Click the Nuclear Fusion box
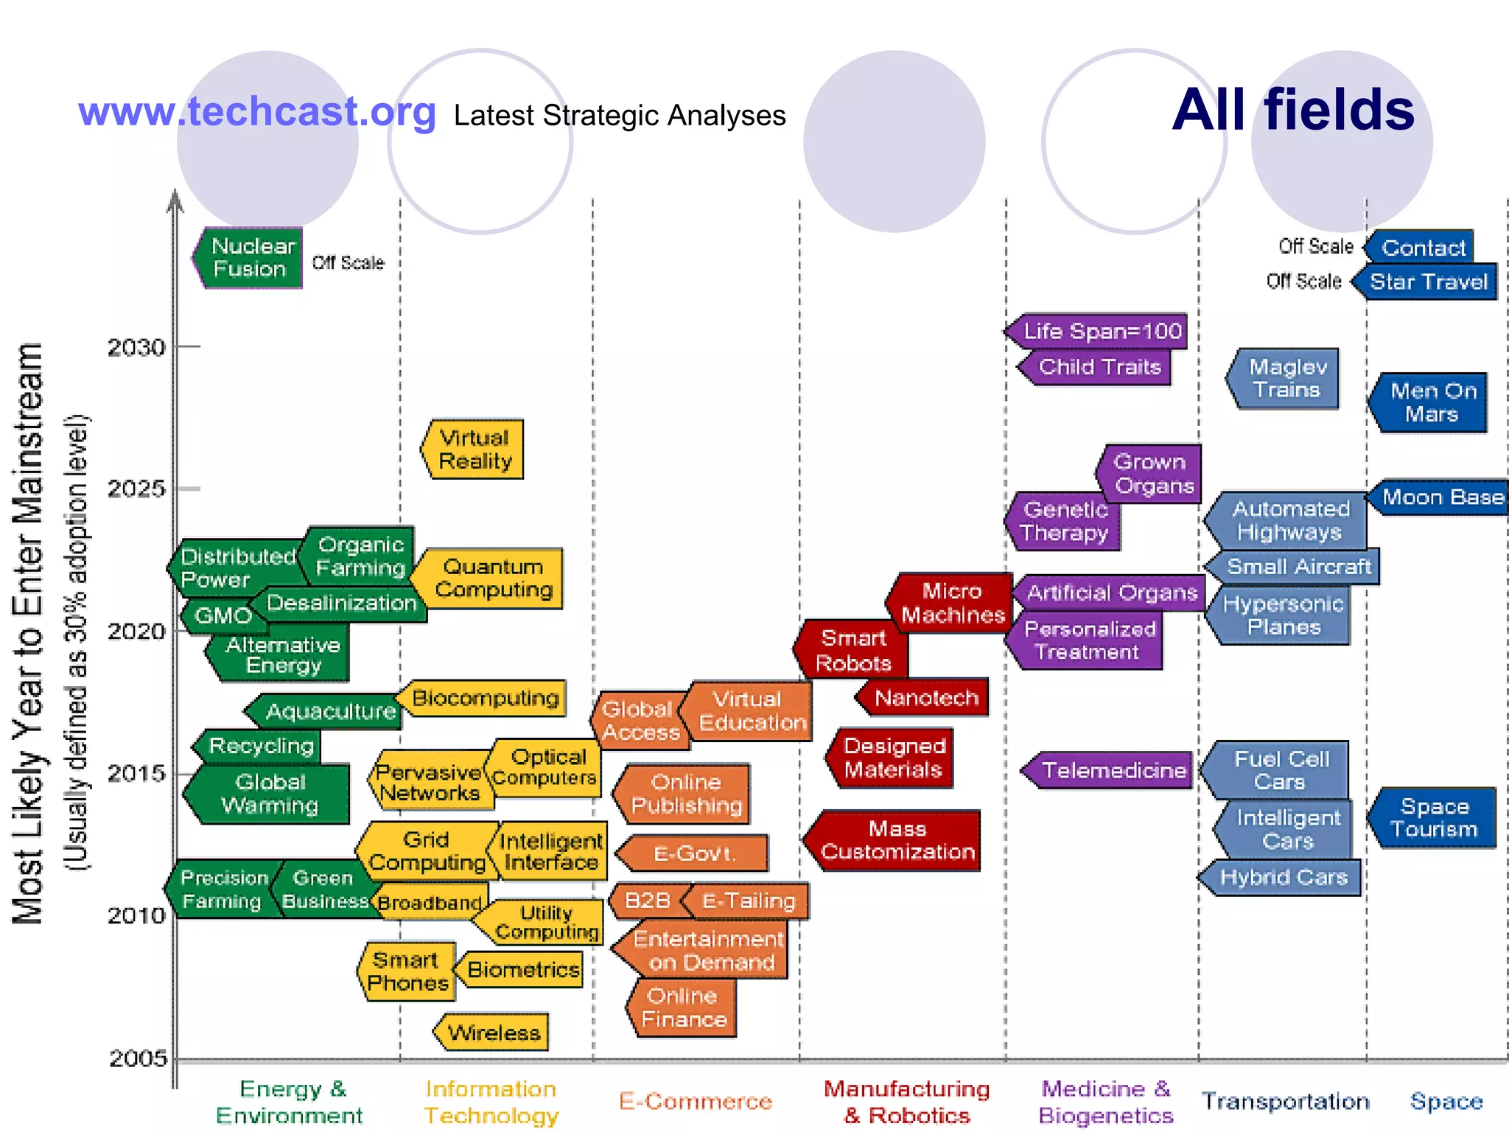249,257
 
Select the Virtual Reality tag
474,450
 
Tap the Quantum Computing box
491,579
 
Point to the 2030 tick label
136,347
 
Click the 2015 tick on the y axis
136,773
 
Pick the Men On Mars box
1431,402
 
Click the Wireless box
493,1033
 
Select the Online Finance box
684,1007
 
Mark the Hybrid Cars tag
1283,877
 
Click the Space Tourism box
1434,818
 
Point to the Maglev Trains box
1286,378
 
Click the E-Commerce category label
695,1101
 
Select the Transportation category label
1285,1101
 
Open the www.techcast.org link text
257,112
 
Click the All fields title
1293,110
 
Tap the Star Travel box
1428,282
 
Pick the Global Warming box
269,794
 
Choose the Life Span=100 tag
1101,332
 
